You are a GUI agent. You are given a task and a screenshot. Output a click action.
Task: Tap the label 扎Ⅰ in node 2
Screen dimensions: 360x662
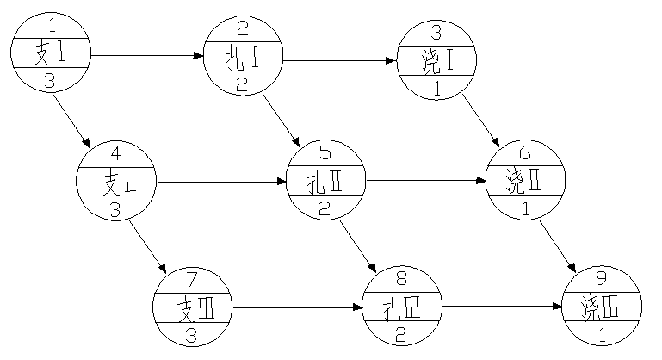click(243, 60)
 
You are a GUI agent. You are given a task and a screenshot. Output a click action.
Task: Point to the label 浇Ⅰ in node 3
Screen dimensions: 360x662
click(437, 61)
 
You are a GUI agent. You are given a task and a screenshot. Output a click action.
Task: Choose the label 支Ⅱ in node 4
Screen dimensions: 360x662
click(116, 182)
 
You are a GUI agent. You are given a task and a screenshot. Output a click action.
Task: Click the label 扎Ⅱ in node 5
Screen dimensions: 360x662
click(325, 182)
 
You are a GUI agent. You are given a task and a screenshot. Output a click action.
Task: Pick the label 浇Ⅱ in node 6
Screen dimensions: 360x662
click(525, 182)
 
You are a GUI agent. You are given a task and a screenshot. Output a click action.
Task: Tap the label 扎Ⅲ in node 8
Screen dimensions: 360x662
click(401, 306)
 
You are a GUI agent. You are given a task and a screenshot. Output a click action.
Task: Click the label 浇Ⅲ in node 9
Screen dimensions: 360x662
click(601, 306)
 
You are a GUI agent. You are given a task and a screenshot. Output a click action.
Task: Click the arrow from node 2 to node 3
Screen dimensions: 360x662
click(339, 61)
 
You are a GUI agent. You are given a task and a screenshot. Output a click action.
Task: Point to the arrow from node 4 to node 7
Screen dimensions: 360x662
click(148, 245)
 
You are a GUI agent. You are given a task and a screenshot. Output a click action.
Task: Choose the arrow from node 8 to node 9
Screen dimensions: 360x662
click(501, 306)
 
